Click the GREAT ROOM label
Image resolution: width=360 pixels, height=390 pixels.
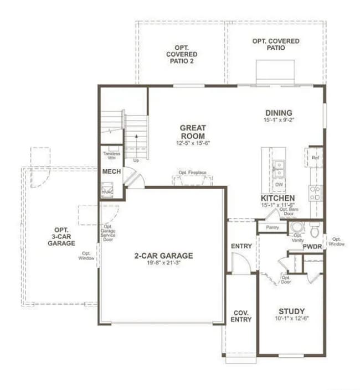(x=192, y=132)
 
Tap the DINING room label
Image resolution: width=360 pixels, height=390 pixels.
(x=279, y=113)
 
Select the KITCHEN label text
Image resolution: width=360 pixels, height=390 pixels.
(x=277, y=198)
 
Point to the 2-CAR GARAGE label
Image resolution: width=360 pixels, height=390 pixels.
(x=163, y=256)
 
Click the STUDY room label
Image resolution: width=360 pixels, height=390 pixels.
(x=291, y=311)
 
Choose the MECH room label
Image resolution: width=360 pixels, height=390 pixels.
(x=111, y=171)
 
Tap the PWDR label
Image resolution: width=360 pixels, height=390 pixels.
(x=312, y=247)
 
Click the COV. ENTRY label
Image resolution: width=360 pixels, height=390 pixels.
(x=241, y=315)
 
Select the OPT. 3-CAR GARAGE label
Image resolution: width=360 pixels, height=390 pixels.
(x=65, y=236)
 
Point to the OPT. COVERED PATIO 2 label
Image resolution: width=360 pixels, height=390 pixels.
(x=181, y=54)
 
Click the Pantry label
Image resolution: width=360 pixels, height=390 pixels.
(x=272, y=227)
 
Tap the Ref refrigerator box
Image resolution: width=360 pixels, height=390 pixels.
(x=316, y=158)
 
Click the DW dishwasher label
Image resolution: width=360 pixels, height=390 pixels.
(x=279, y=184)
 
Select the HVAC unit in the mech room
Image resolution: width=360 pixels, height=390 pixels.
(x=107, y=191)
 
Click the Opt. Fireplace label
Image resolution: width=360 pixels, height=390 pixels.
(x=192, y=173)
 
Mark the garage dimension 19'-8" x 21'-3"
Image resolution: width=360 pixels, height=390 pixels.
(x=163, y=263)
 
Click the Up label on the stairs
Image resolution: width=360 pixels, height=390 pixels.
(x=136, y=160)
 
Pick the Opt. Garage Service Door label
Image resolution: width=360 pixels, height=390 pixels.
(x=108, y=232)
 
